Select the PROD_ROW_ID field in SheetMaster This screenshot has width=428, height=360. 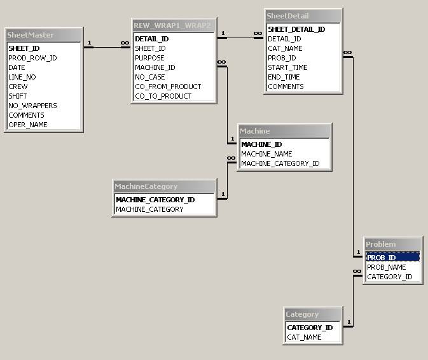coord(32,58)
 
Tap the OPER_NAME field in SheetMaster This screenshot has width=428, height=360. coord(28,125)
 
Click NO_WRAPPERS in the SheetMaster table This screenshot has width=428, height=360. coord(32,106)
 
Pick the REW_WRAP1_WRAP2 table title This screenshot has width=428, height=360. coord(172,25)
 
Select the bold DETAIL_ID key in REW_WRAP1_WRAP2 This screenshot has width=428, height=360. coord(151,39)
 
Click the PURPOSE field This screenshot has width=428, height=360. coord(150,58)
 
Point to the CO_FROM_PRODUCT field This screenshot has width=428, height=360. coord(168,87)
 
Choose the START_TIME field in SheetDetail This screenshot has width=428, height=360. coord(287,67)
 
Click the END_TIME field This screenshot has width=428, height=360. coord(284,77)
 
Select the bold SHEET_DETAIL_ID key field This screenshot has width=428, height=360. coord(296,29)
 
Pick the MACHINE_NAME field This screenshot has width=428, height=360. coord(266,154)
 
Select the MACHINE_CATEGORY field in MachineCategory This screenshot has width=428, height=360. coord(149,209)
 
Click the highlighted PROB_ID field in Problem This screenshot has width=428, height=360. coord(382,258)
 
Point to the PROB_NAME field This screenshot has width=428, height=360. coord(386,267)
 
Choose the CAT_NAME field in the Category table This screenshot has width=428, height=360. coord(304,337)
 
